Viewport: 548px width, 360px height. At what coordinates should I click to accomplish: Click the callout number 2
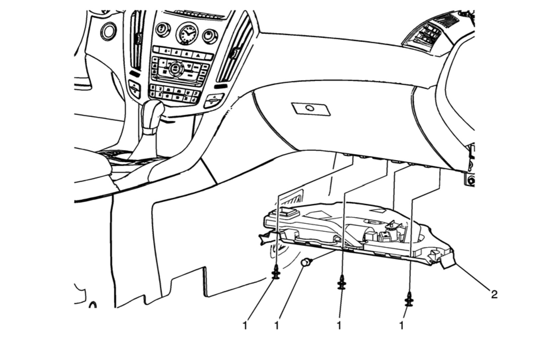click(494, 294)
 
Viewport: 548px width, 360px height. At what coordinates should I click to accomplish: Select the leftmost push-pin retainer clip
click(276, 272)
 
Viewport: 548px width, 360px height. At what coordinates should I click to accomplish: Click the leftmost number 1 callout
click(245, 325)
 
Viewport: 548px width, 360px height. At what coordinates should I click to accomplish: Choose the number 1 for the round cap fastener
click(276, 325)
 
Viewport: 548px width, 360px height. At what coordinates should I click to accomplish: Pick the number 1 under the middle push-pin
click(339, 325)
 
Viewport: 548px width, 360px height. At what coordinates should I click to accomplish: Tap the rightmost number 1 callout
click(402, 325)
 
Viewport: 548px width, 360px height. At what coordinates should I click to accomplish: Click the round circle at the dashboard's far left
click(108, 31)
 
